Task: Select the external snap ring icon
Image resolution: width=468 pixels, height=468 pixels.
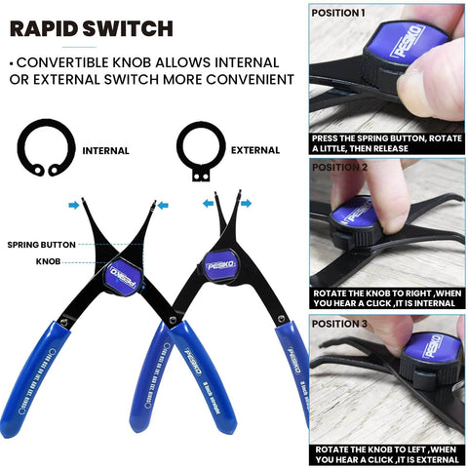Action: tap(200, 150)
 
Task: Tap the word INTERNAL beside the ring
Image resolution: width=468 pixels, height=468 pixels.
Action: tap(105, 151)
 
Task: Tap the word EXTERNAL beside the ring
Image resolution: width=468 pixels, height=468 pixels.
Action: tap(255, 151)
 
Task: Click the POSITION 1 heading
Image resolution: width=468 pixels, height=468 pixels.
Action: tap(338, 14)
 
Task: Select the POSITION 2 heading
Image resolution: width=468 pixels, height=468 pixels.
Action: tap(339, 167)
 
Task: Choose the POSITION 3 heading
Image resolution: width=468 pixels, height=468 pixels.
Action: tap(339, 323)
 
